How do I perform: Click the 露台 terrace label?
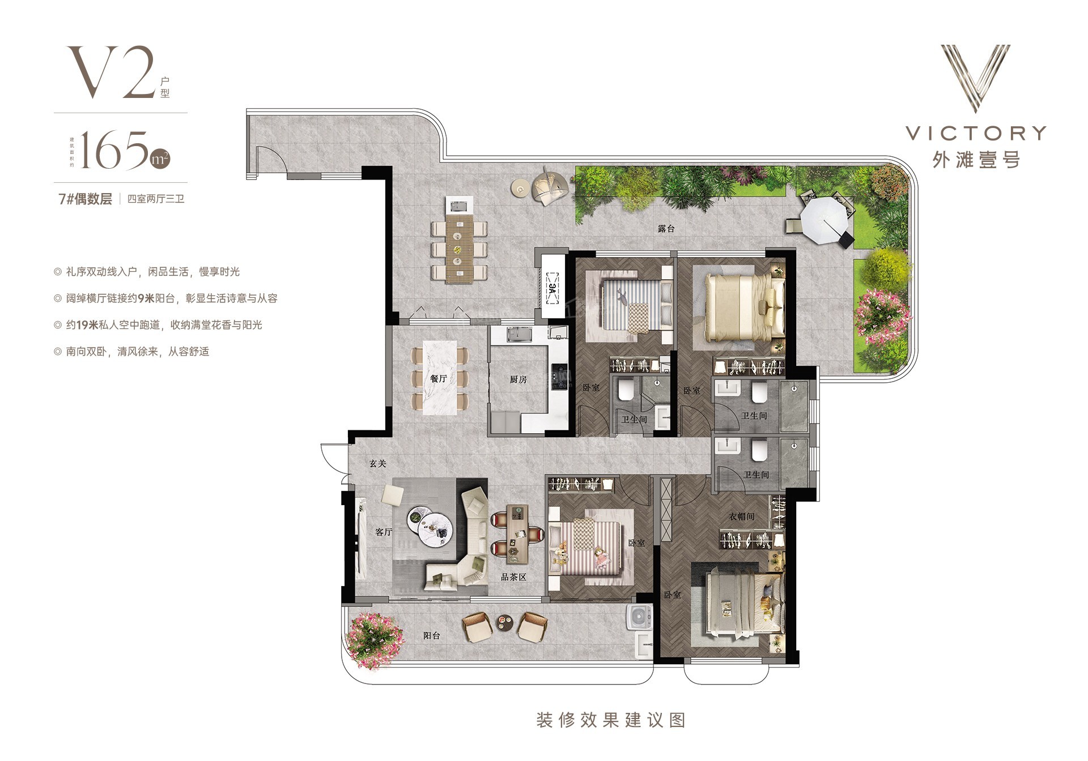point(666,229)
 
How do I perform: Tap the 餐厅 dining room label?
point(438,379)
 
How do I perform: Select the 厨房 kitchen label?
point(518,379)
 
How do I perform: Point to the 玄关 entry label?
point(377,463)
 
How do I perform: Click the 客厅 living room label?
point(384,532)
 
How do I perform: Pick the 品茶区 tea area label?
point(514,578)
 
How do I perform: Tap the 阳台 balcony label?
point(432,635)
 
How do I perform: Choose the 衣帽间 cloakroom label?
point(742,516)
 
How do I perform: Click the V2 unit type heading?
point(112,72)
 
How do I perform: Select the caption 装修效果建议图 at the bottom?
point(611,720)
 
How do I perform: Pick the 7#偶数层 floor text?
point(86,199)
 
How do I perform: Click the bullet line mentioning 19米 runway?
point(158,325)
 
